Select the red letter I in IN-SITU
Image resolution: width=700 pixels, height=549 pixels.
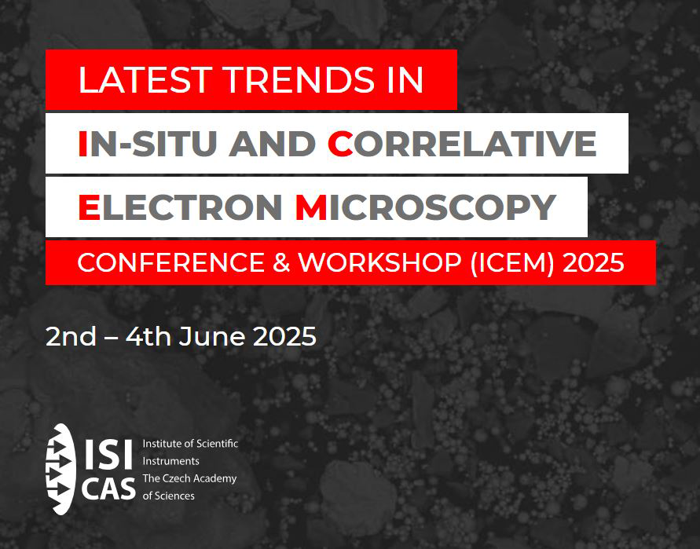(82, 144)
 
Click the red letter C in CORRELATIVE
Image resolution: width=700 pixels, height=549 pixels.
(339, 144)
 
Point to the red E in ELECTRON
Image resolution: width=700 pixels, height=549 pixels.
(89, 207)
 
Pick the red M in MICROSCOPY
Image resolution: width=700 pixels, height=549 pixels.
(311, 207)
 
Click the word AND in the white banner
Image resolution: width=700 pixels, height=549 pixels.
(272, 144)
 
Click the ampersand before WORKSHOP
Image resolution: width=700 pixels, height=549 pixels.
(281, 262)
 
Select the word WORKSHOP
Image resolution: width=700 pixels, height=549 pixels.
(380, 262)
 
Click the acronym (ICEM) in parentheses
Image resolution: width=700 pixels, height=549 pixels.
(512, 262)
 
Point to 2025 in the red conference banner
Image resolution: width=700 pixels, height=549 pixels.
(593, 262)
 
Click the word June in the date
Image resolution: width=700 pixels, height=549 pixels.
(211, 336)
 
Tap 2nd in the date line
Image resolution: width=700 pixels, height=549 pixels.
(71, 336)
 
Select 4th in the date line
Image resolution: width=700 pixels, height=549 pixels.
(148, 336)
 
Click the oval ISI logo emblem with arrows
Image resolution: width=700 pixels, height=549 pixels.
(60, 469)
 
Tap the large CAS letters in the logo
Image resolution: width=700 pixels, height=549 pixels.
(108, 488)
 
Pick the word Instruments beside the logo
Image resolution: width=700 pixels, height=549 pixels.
(171, 461)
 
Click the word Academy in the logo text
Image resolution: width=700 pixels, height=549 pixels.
(215, 479)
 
